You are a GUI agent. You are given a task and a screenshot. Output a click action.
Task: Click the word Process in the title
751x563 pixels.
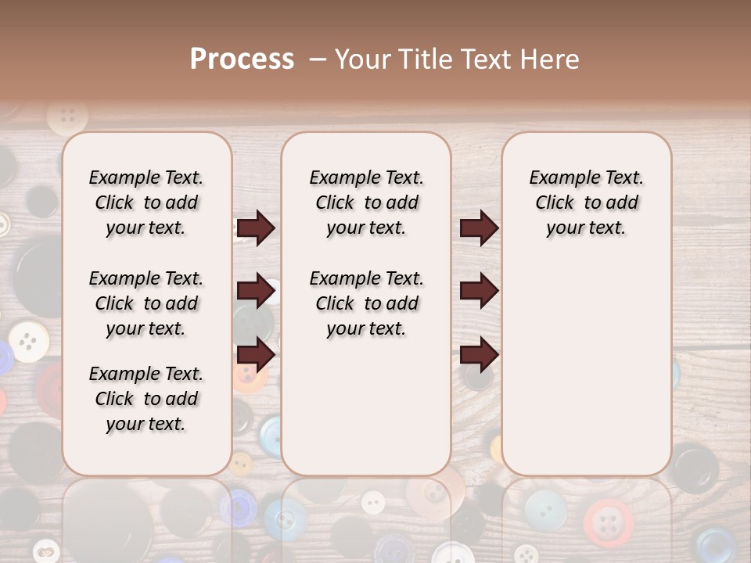tap(242, 59)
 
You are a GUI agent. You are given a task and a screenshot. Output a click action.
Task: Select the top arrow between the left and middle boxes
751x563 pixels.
tap(256, 228)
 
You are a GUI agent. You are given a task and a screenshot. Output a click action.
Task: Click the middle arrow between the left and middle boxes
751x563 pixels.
tap(256, 291)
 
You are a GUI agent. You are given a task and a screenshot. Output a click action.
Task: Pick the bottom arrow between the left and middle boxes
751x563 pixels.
tap(256, 354)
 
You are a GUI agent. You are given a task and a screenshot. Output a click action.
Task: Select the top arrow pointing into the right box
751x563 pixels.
tap(479, 228)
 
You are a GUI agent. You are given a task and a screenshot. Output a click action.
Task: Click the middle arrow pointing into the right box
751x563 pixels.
tap(479, 291)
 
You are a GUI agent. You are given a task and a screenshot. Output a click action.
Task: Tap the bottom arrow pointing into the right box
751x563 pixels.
tap(479, 354)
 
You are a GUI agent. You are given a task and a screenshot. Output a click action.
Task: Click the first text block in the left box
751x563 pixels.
tap(146, 203)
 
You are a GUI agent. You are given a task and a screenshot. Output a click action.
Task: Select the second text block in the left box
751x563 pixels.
tap(146, 303)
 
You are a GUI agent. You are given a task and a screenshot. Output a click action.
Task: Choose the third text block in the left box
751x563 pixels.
tap(146, 399)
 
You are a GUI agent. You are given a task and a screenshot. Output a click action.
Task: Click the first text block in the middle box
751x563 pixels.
tap(366, 203)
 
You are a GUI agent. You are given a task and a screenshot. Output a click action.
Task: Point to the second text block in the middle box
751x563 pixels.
tap(366, 303)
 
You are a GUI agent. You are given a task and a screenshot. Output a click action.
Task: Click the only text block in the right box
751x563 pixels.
tap(586, 203)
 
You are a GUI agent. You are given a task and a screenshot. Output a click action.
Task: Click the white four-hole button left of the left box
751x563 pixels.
tap(29, 341)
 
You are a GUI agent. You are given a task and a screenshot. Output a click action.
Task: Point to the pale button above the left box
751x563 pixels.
tap(67, 117)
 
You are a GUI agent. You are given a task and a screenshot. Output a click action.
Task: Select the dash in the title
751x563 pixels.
tap(318, 59)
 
